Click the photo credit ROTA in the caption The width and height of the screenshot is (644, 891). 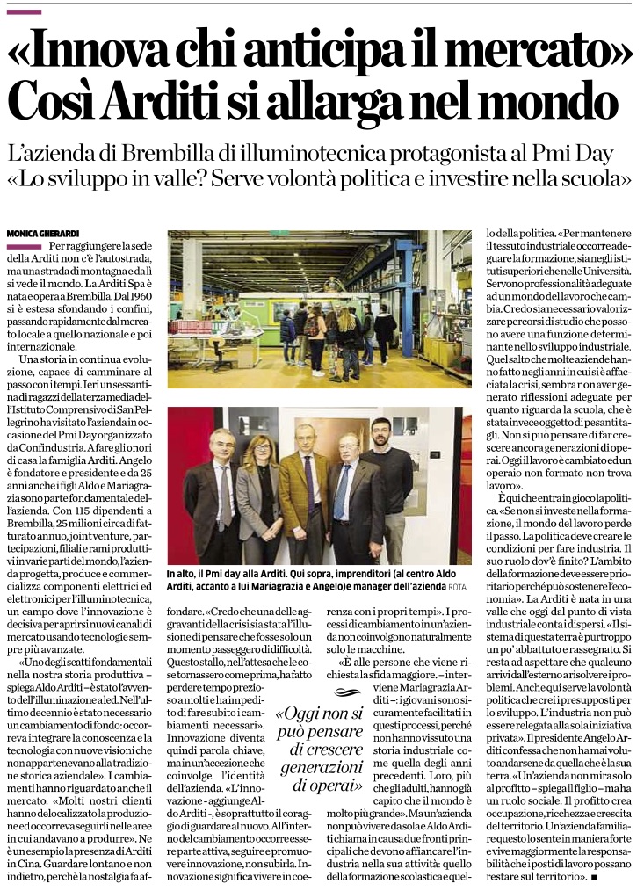click(457, 561)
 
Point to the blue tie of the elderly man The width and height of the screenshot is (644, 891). click(342, 492)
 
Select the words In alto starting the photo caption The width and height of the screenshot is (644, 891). click(186, 549)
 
